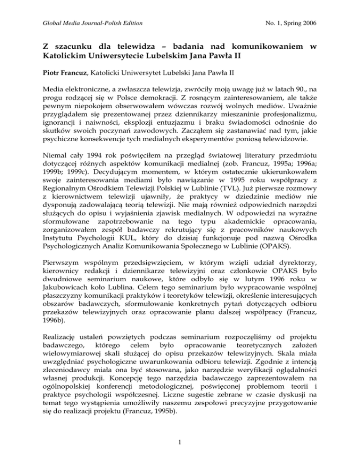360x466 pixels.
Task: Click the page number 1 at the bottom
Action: click(x=180, y=457)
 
